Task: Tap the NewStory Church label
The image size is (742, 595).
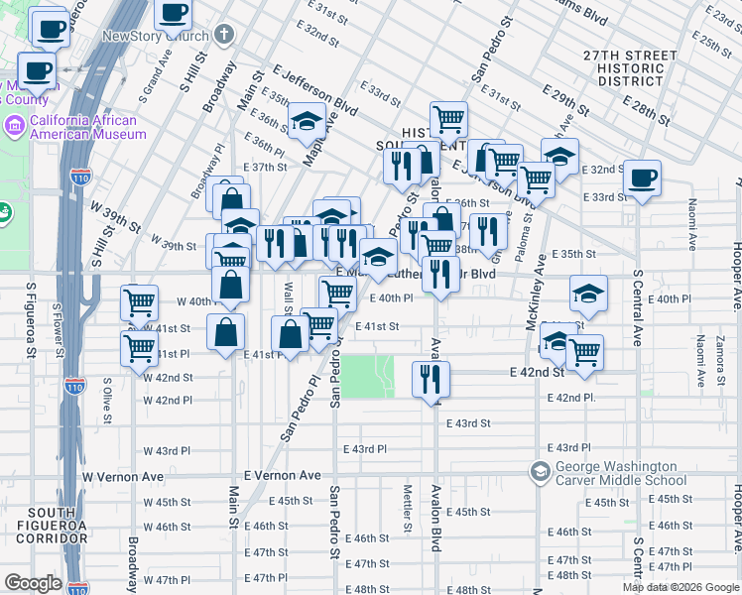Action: coord(156,37)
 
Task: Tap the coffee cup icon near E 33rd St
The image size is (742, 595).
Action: coord(641,178)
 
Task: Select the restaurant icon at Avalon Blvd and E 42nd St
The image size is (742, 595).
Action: coord(431,378)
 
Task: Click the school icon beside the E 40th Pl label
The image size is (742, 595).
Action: coord(588,293)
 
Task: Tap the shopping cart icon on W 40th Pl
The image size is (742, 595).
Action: coord(140,301)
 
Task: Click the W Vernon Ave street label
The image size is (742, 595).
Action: coord(123,477)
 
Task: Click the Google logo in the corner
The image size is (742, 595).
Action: coord(33,583)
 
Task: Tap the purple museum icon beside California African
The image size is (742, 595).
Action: coord(15,127)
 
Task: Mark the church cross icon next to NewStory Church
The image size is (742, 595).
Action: coord(225,36)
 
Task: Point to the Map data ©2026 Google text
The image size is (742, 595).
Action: coord(680,587)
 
